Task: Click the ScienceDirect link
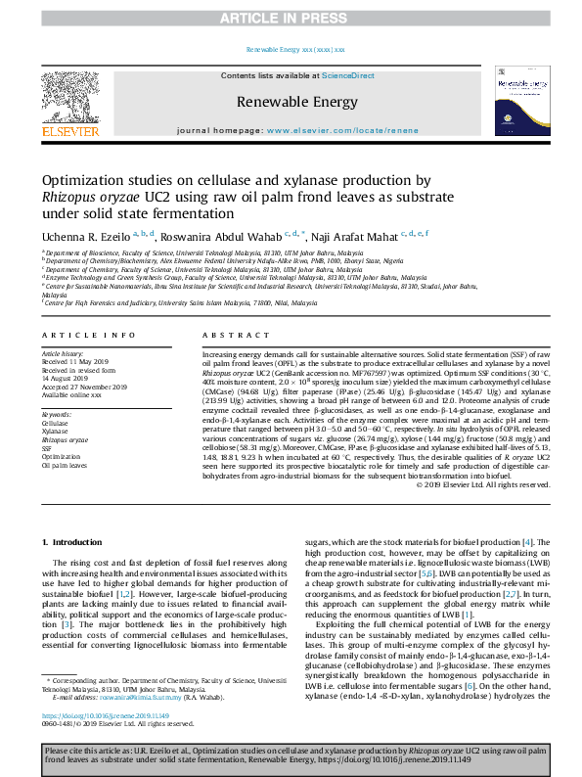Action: (x=349, y=75)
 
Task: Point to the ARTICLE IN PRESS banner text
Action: (x=291, y=18)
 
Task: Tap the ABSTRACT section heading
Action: (x=222, y=334)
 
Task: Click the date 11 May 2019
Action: (x=83, y=358)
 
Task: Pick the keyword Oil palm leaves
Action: (x=66, y=466)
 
